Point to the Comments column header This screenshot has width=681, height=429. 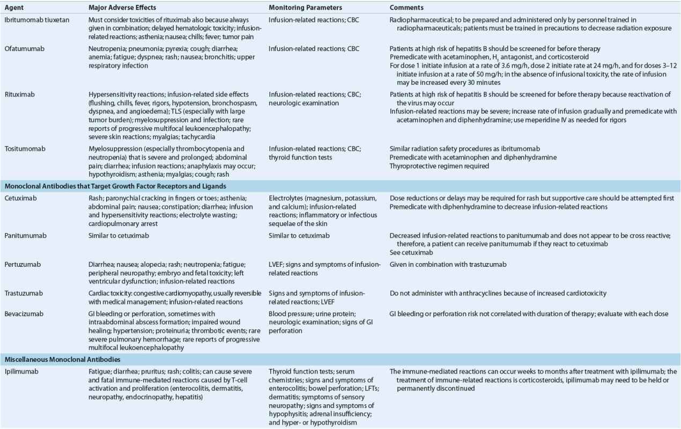point(407,8)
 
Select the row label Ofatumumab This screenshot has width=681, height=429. point(22,49)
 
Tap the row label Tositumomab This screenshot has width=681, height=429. point(23,148)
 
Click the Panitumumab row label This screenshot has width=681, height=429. point(24,235)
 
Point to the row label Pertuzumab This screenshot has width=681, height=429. point(21,265)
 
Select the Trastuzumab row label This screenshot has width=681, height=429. point(23,293)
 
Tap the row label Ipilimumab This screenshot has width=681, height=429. point(21,370)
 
